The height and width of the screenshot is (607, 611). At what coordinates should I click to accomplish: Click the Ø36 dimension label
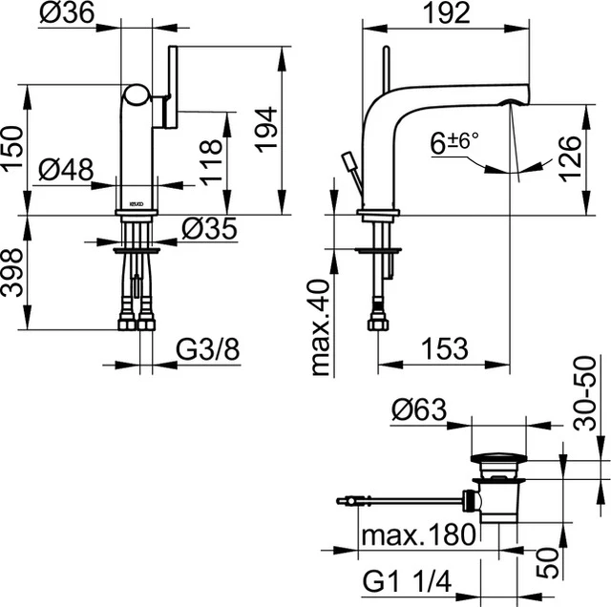(67, 13)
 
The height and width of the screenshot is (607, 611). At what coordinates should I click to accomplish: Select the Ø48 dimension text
(67, 169)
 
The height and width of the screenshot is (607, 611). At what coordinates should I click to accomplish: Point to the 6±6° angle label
(454, 143)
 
